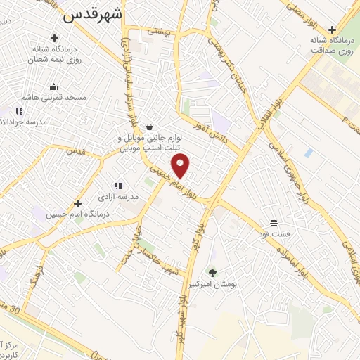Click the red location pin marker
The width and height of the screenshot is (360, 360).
(181, 166)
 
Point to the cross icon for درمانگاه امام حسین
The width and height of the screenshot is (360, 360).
(77, 202)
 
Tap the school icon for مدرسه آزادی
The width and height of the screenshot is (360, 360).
(117, 186)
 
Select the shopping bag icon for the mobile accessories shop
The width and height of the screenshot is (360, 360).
(149, 127)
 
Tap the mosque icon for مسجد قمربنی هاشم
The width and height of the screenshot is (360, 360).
(53, 87)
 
